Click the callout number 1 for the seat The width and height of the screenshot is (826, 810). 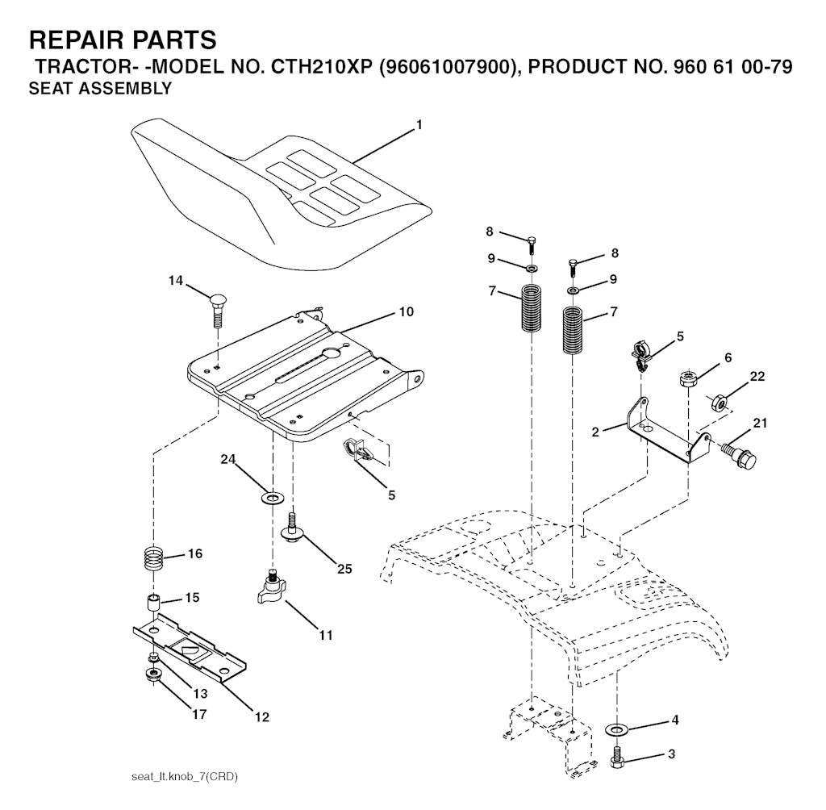tap(419, 125)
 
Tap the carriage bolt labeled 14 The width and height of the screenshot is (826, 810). tap(216, 307)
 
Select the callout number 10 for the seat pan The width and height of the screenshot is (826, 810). tap(405, 311)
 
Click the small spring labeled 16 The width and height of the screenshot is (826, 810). tap(155, 557)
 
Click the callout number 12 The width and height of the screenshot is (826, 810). tap(263, 716)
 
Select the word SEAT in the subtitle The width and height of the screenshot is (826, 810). tap(49, 90)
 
